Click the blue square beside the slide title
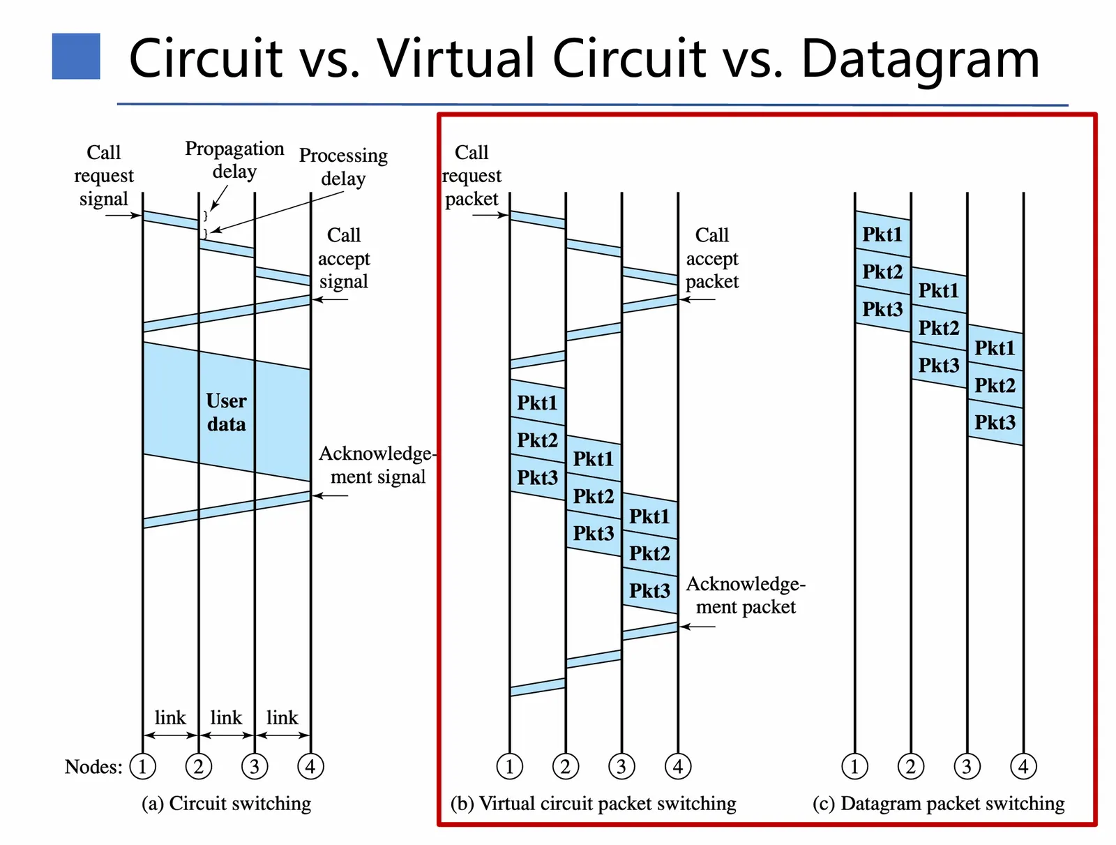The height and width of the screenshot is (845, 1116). [x=76, y=57]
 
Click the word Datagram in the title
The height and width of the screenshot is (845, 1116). [x=920, y=59]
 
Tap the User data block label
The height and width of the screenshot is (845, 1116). [x=226, y=412]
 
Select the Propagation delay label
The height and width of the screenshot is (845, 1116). [x=234, y=160]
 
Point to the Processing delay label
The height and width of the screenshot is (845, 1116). [x=343, y=167]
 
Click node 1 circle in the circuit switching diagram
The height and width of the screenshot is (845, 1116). [x=143, y=767]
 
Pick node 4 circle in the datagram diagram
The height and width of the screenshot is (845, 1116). [x=1023, y=767]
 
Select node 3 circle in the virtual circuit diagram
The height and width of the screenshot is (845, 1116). [x=621, y=767]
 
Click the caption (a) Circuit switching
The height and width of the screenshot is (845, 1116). [x=226, y=804]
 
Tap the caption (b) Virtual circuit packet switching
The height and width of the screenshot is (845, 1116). [x=593, y=804]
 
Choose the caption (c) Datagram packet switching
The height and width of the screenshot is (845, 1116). [x=938, y=804]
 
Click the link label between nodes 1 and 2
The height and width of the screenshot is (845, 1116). [x=170, y=718]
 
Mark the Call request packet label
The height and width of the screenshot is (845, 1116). [x=472, y=176]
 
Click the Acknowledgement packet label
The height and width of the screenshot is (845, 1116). [x=746, y=595]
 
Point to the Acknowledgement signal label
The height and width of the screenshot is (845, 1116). [x=377, y=465]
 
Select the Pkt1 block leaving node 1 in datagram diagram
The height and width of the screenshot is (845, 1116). [x=882, y=234]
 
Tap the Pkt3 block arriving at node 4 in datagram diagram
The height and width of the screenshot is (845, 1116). [x=995, y=422]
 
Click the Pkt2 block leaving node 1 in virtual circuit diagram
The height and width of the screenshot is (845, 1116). [x=537, y=440]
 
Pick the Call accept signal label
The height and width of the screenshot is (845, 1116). [x=344, y=258]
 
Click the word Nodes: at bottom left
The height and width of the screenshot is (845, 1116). [x=93, y=767]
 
